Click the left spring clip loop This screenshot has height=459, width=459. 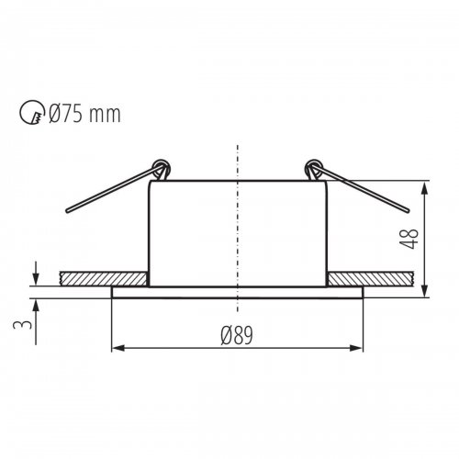click(162, 169)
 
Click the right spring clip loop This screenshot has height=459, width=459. click(314, 169)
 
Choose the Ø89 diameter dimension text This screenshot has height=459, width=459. click(237, 334)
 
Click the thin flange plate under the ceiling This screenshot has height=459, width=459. click(238, 292)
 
